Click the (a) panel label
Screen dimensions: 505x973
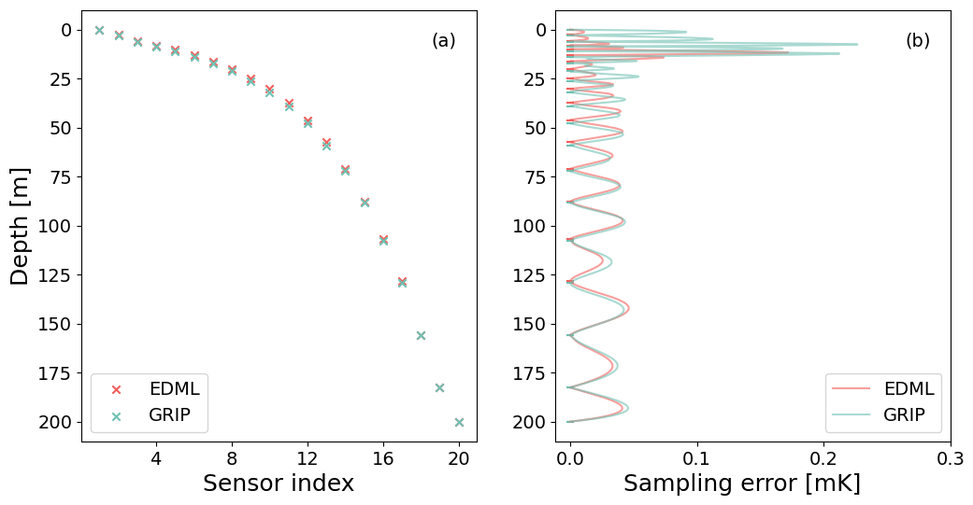[443, 41]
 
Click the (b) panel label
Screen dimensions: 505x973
[917, 41]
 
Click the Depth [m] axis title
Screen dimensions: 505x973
[20, 226]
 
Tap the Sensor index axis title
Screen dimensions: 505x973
[279, 483]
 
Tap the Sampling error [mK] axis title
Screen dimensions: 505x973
[741, 483]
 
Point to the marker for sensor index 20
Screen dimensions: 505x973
[459, 422]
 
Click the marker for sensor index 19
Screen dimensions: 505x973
[439, 387]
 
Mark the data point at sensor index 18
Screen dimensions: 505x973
[421, 335]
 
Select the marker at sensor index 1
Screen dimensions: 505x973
[99, 30]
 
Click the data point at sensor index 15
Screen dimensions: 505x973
[365, 202]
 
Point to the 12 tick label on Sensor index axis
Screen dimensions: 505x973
[308, 458]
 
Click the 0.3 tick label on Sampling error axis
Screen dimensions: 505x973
[950, 458]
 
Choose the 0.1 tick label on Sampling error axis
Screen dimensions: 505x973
[697, 458]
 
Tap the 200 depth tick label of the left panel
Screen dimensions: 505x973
[55, 422]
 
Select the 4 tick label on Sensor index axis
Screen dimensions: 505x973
[156, 458]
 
